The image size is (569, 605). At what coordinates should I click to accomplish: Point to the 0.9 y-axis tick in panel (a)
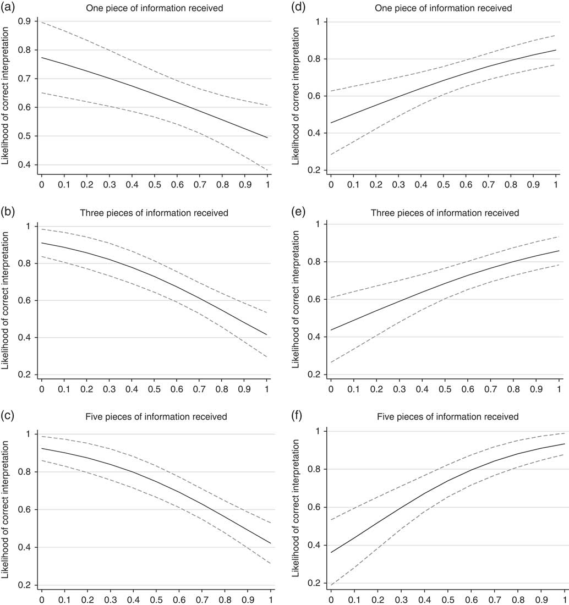tap(25, 21)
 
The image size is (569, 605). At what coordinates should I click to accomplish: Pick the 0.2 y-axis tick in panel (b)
tap(25, 375)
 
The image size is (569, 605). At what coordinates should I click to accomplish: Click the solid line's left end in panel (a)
tap(41, 57)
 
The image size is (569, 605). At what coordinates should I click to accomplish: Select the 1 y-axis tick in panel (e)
tap(318, 224)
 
